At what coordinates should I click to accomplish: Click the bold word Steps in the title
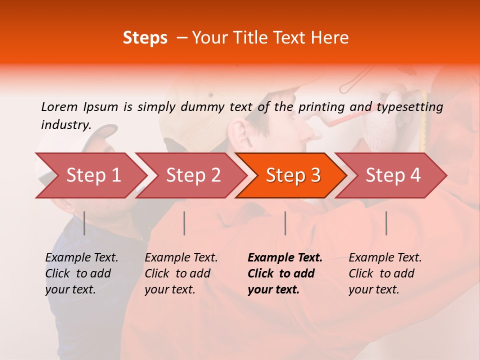click(x=145, y=38)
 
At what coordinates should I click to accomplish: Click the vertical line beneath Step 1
click(x=84, y=223)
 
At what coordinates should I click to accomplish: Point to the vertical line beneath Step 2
click(x=184, y=223)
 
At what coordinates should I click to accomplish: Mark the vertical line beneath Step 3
click(x=285, y=223)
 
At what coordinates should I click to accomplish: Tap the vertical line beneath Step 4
click(x=386, y=223)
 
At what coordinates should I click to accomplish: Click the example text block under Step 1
click(x=81, y=273)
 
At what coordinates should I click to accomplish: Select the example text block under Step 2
click(x=181, y=273)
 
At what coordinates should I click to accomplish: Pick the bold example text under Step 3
click(x=285, y=273)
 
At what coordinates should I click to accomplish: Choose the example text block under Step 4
click(x=385, y=273)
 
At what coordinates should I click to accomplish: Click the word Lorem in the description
click(x=59, y=106)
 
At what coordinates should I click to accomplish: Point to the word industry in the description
click(x=65, y=125)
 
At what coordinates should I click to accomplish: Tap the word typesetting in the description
click(x=409, y=107)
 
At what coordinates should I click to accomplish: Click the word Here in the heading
click(x=329, y=38)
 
